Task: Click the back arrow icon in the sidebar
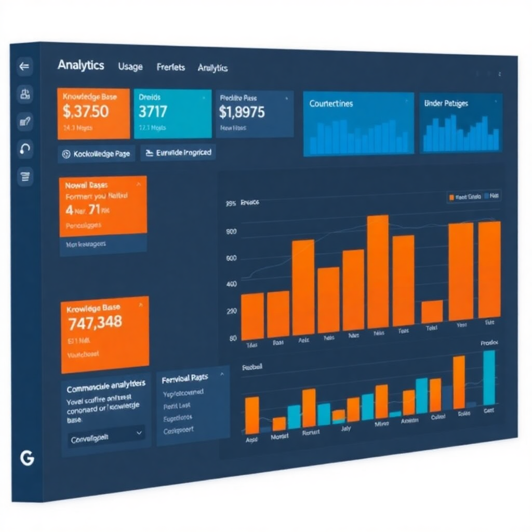pyautogui.click(x=24, y=66)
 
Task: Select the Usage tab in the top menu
pyautogui.click(x=130, y=66)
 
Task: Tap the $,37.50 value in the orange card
pyautogui.click(x=86, y=111)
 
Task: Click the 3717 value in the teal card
pyautogui.click(x=153, y=111)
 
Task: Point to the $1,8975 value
pyautogui.click(x=242, y=112)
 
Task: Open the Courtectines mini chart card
pyautogui.click(x=358, y=123)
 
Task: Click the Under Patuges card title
pyautogui.click(x=446, y=103)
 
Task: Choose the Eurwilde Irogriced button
pyautogui.click(x=178, y=153)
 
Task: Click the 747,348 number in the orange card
pyautogui.click(x=95, y=322)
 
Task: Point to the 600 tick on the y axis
pyautogui.click(x=231, y=258)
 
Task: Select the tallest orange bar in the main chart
pyautogui.click(x=378, y=271)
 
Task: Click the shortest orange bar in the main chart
pyautogui.click(x=432, y=311)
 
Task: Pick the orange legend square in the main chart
pyautogui.click(x=451, y=197)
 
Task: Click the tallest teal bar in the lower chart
pyautogui.click(x=489, y=377)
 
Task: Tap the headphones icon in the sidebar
pyautogui.click(x=25, y=150)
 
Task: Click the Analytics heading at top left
pyautogui.click(x=81, y=65)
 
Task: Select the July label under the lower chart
pyautogui.click(x=346, y=429)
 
